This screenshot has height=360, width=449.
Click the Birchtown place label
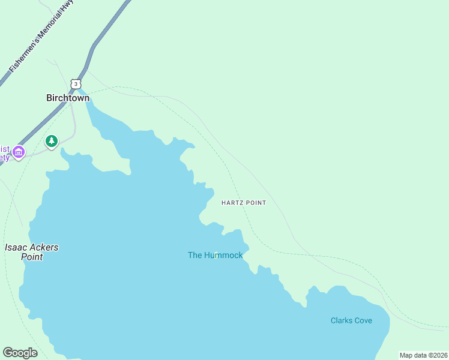pos(68,98)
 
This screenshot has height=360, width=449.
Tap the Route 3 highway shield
pos(74,83)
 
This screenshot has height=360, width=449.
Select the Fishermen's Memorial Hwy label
pos(40,37)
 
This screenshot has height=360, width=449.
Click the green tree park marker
pos(52,142)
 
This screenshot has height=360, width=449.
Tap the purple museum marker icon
pos(19,152)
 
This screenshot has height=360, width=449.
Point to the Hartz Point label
pos(243,203)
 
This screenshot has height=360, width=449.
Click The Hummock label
pos(215,255)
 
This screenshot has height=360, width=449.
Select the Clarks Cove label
pos(351,320)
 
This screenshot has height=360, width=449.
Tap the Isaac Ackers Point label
pos(32,252)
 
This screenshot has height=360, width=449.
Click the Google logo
pos(20,353)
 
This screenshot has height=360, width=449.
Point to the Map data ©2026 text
pos(424,355)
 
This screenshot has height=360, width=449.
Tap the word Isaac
pos(16,247)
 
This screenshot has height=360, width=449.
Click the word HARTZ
pos(232,203)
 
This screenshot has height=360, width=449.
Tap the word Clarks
pos(341,320)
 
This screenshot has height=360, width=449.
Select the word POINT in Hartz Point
pos(256,203)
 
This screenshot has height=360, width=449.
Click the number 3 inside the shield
pos(74,83)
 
